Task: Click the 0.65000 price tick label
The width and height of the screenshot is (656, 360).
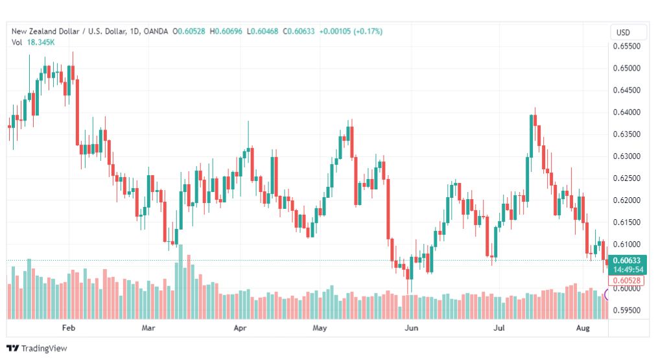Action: (x=626, y=68)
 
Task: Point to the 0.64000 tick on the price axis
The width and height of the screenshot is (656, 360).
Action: (x=626, y=112)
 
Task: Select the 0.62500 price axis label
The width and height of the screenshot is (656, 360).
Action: (x=626, y=178)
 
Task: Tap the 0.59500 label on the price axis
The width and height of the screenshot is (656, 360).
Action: (x=626, y=311)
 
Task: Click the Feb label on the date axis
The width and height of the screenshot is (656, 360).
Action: (x=69, y=328)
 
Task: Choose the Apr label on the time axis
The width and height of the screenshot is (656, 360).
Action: (x=240, y=328)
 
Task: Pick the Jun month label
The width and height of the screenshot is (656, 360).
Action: (x=411, y=328)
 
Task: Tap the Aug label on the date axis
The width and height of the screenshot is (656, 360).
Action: (x=583, y=328)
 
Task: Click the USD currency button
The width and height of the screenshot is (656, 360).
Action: (x=623, y=32)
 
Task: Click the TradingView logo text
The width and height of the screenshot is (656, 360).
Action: (x=44, y=348)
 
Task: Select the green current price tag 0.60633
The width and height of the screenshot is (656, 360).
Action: (x=627, y=260)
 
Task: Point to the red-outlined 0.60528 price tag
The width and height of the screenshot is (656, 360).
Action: (x=626, y=280)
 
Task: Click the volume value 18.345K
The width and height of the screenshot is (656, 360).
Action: (x=41, y=42)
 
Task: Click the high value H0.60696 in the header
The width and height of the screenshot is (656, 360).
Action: (x=226, y=31)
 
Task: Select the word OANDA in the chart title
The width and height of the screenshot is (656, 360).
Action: (x=156, y=31)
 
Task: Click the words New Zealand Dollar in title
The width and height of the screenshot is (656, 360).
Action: (x=45, y=31)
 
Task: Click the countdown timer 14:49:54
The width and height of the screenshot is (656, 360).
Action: (x=628, y=270)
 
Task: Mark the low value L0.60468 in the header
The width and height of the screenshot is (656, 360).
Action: (x=263, y=31)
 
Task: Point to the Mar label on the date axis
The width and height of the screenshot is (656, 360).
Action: (x=148, y=328)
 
